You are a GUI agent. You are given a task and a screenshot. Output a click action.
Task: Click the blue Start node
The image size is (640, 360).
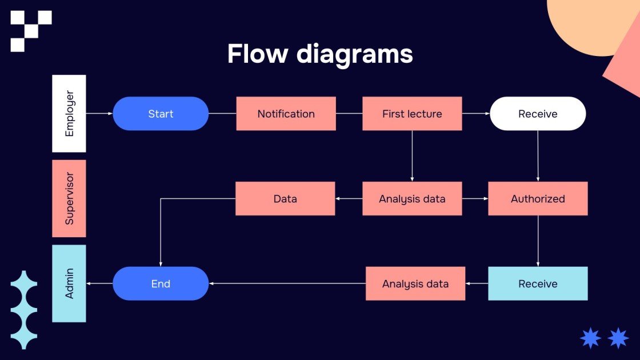161,114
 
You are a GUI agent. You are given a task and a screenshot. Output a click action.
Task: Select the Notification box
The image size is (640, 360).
286,114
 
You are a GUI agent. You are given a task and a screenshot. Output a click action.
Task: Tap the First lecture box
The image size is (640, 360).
412,114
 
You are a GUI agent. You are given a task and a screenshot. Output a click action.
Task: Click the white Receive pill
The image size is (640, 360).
538,114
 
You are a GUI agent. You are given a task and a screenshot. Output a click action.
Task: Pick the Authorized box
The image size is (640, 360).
538,199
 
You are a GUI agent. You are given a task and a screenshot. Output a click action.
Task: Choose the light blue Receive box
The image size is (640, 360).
538,284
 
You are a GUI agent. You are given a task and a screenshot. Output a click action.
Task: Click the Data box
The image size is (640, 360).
285,199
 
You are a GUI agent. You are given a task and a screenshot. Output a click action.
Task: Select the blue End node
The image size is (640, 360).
161,284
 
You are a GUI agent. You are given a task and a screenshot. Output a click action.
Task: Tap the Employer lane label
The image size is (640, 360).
69,114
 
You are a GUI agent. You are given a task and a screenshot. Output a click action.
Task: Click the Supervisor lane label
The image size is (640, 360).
69,199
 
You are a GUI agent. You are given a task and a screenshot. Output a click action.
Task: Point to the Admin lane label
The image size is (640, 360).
69,284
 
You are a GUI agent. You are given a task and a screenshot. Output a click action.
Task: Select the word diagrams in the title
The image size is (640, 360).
354,54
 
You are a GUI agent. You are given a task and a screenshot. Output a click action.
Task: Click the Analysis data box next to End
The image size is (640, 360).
415,284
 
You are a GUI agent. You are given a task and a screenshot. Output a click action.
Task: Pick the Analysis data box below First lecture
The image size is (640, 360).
412,199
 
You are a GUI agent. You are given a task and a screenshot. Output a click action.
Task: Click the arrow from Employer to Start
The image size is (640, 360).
99,114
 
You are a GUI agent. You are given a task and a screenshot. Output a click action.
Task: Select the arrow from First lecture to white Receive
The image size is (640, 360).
476,114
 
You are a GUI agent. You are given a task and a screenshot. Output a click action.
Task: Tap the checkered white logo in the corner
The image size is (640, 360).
31,30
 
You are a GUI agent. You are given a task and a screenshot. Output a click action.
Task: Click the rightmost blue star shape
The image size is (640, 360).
618,338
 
